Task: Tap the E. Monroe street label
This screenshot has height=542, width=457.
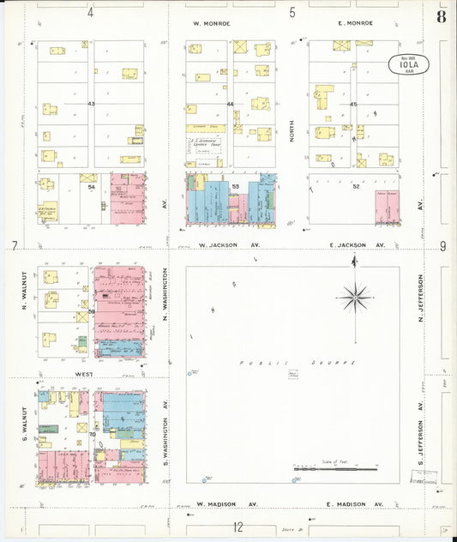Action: pyautogui.click(x=356, y=23)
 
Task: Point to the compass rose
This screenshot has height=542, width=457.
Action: pyautogui.click(x=353, y=298)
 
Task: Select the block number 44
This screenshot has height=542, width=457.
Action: pyautogui.click(x=230, y=105)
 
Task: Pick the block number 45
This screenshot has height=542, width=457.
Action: pyautogui.click(x=352, y=105)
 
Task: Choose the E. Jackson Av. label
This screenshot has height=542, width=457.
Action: pyautogui.click(x=358, y=245)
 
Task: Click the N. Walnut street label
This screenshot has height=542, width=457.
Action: pyautogui.click(x=24, y=292)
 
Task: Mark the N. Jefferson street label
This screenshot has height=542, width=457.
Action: pyautogui.click(x=422, y=298)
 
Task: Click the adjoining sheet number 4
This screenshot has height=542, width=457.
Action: pyautogui.click(x=90, y=12)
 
